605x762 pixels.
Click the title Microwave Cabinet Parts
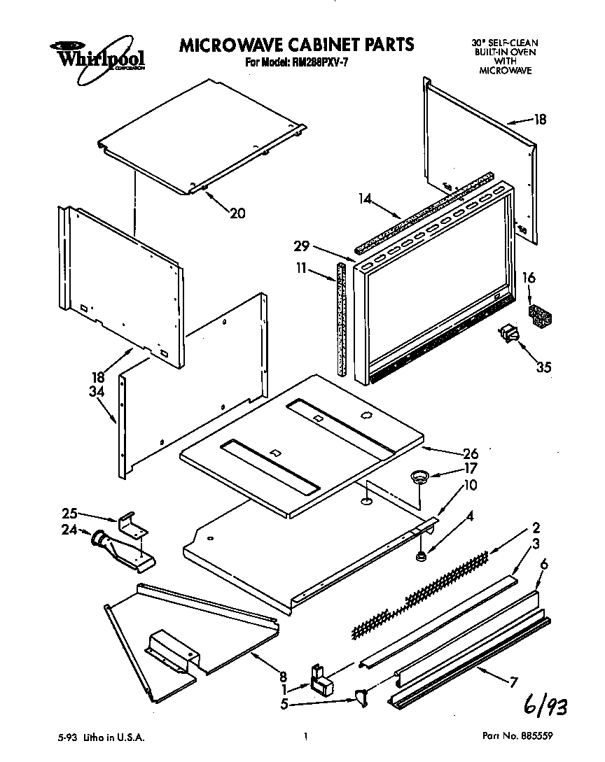[x=297, y=45]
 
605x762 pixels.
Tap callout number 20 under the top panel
[x=238, y=213]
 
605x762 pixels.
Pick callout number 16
[x=529, y=278]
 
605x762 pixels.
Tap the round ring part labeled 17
[x=419, y=477]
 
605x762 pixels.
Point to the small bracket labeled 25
[x=131, y=521]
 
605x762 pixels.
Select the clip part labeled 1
[x=321, y=679]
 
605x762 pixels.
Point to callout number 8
[x=283, y=676]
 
